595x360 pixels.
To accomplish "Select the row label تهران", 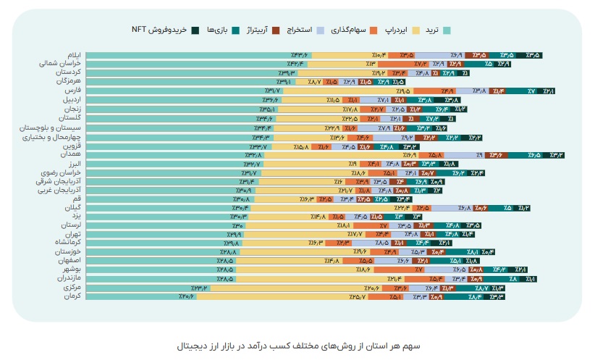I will pyautogui.click(x=70, y=234).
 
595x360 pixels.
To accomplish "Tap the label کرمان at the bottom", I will pyautogui.click(x=70, y=296).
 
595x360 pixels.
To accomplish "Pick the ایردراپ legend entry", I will pyautogui.click(x=391, y=30).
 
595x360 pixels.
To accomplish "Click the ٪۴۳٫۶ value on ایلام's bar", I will pyautogui.click(x=300, y=55).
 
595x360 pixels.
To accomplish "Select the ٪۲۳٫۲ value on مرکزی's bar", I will pyautogui.click(x=199, y=288).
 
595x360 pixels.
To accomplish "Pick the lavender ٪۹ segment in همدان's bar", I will pyautogui.click(x=478, y=154).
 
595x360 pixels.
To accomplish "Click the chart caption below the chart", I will pyautogui.click(x=297, y=346).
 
